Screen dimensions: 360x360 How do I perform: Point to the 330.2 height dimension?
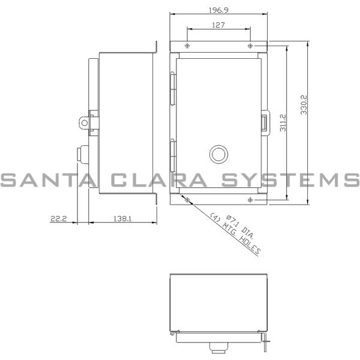tap(304, 103)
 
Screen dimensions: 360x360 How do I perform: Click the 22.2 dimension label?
tap(58, 220)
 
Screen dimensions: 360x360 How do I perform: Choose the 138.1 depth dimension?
tap(122, 220)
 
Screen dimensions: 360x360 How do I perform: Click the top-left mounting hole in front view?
tap(187, 46)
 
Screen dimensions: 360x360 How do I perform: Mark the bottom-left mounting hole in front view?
tap(187, 199)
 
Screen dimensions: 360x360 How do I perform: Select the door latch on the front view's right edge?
tap(265, 122)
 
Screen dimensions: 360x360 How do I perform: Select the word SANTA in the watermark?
tap(45, 179)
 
